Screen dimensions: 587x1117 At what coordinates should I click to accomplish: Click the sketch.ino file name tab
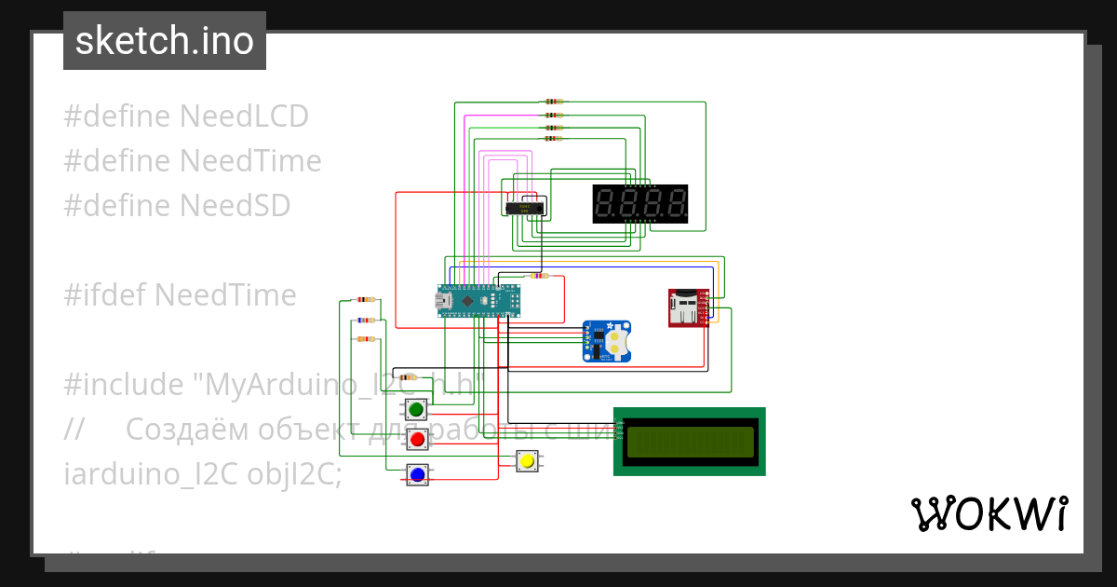(x=164, y=41)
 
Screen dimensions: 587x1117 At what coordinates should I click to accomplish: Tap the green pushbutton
(x=416, y=409)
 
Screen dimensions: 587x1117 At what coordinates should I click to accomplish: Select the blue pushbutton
(x=417, y=474)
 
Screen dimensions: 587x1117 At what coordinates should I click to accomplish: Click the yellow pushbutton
(x=528, y=460)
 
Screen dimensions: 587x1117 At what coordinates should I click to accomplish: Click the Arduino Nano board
(x=478, y=301)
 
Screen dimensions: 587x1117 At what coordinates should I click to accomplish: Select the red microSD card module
(x=687, y=307)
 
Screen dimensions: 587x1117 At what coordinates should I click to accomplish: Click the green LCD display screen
(x=690, y=442)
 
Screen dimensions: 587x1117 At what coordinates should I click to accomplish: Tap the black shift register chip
(x=524, y=209)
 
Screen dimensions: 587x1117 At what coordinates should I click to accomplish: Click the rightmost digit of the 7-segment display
(x=677, y=203)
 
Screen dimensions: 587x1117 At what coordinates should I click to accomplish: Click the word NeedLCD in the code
(x=244, y=116)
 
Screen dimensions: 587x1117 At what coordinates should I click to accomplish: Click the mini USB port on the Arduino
(x=442, y=301)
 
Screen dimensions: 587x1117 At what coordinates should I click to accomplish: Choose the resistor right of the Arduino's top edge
(x=538, y=276)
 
